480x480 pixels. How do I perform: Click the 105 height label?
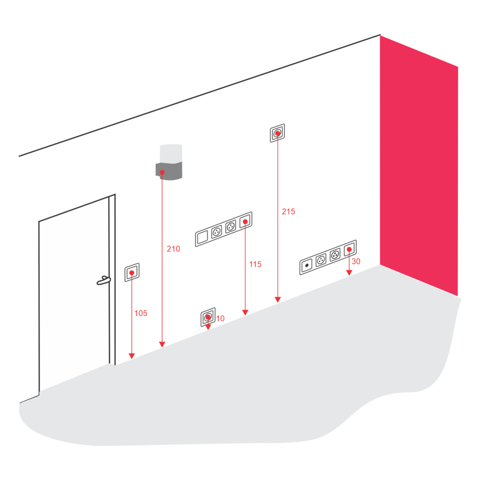[141, 313]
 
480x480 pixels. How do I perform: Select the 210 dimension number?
[173, 249]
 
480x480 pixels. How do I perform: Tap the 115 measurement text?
[255, 264]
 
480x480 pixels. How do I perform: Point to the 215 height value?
[288, 211]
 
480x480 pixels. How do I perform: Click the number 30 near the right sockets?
[356, 262]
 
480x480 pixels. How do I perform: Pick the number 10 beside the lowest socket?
[220, 318]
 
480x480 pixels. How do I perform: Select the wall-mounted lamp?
[169, 162]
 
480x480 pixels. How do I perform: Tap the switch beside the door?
[132, 272]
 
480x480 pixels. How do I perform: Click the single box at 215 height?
[277, 133]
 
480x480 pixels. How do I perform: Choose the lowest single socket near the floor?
[208, 317]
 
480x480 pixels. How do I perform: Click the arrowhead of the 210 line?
[162, 345]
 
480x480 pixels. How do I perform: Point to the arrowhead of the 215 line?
[277, 300]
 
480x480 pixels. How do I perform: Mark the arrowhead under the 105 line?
[132, 356]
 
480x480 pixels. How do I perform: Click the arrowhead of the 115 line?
[245, 312]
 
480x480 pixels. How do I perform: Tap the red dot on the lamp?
[162, 172]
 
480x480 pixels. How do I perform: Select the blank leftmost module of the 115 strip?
[202, 238]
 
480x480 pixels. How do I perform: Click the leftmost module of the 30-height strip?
[307, 266]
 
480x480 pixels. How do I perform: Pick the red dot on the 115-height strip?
[245, 221]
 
